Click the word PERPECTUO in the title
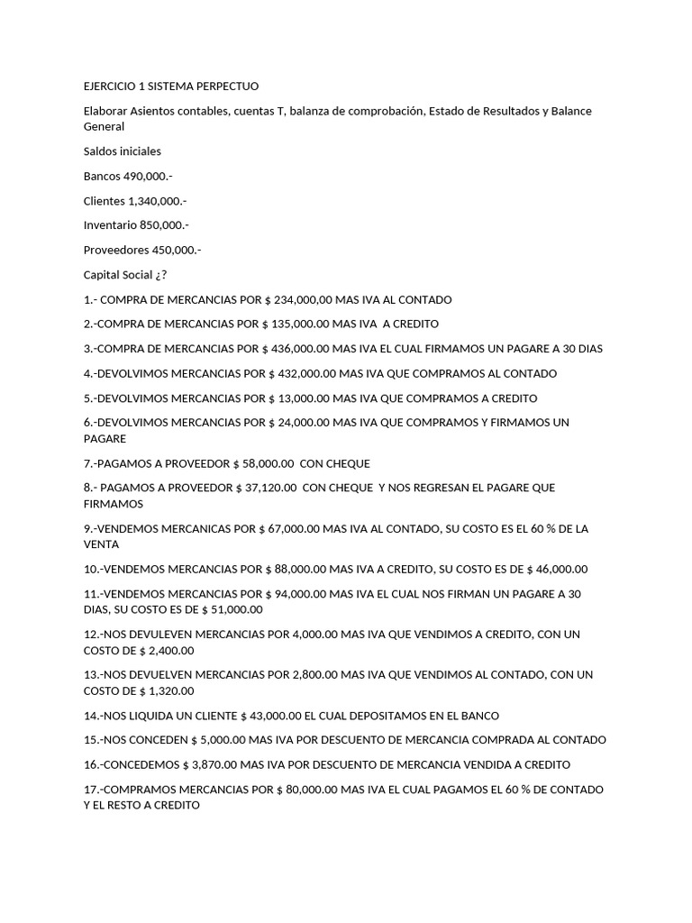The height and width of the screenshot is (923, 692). click(x=224, y=87)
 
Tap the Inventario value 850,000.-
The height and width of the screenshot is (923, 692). click(x=163, y=225)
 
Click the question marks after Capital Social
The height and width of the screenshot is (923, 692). click(x=161, y=275)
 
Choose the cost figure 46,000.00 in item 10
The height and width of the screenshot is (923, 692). click(x=553, y=569)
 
